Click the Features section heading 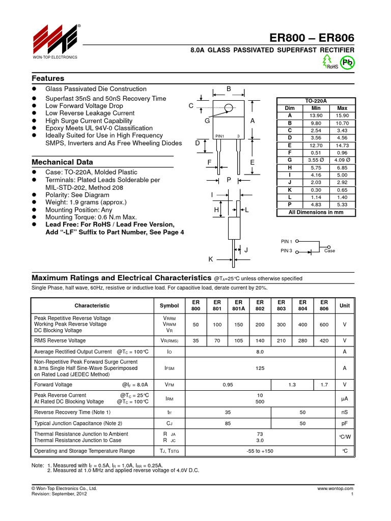[48, 78]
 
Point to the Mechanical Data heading [62, 162]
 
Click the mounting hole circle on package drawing [228, 107]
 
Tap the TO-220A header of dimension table [316, 101]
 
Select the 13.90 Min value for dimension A [316, 115]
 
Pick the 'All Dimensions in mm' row [316, 212]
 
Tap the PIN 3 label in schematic [286, 251]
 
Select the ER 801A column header [238, 305]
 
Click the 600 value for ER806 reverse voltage [324, 324]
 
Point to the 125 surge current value [260, 368]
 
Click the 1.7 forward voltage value [324, 385]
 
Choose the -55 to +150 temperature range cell [260, 451]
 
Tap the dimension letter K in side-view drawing [210, 259]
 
